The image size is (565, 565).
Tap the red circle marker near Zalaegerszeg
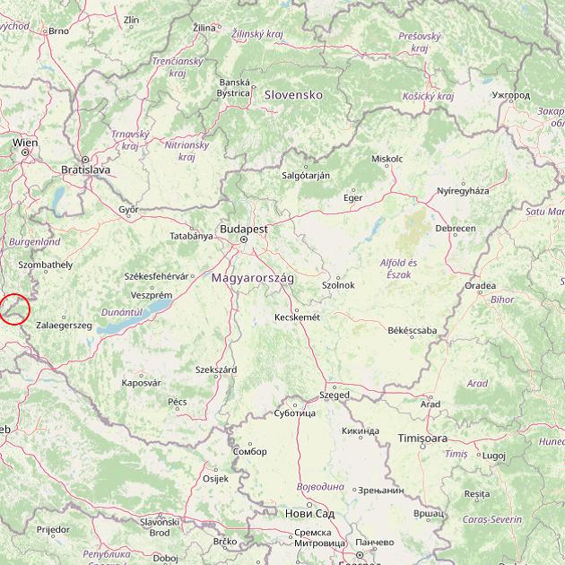(15, 309)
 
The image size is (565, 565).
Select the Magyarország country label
(252, 279)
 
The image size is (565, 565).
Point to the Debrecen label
(456, 229)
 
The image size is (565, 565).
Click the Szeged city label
(335, 395)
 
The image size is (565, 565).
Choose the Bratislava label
(85, 169)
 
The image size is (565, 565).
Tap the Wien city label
(25, 143)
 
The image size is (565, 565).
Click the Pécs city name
(178, 402)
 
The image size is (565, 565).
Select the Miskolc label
(387, 159)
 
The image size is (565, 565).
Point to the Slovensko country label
(292, 94)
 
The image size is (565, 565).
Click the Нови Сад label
(309, 513)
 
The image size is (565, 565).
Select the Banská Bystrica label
(234, 87)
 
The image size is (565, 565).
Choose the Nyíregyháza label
(463, 191)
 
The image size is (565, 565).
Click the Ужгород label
(511, 94)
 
